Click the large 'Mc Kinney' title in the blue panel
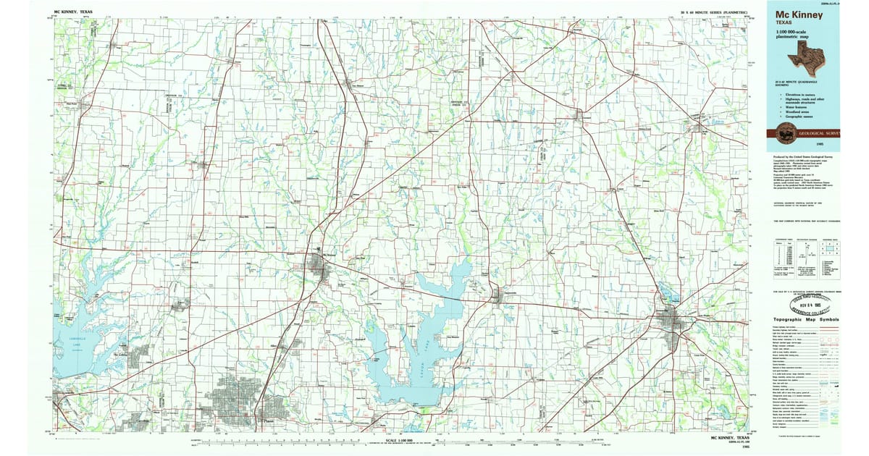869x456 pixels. pos(794,13)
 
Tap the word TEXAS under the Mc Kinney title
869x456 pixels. pos(783,22)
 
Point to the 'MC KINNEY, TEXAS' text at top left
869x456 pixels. pos(73,12)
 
